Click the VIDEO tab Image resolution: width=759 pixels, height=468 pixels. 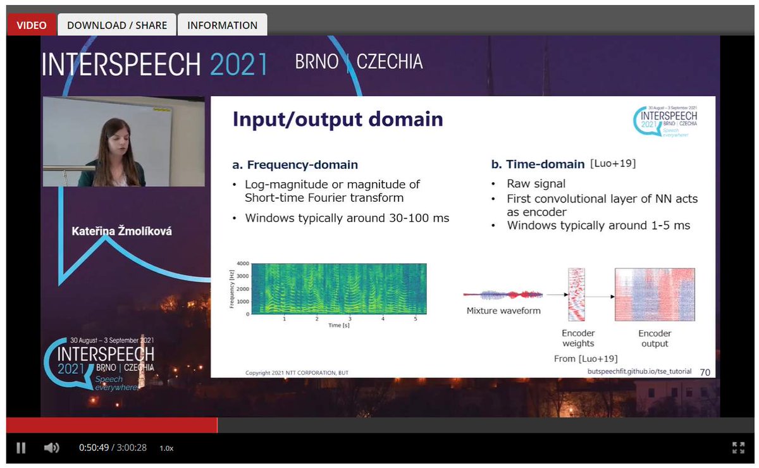click(32, 25)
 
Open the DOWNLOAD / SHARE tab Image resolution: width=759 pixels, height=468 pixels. click(117, 25)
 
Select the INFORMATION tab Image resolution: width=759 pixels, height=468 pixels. click(222, 25)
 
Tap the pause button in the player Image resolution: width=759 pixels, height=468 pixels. click(21, 448)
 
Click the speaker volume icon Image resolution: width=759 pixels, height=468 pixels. click(51, 448)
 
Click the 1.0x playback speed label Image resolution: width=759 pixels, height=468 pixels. click(166, 448)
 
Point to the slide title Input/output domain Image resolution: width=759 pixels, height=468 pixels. click(338, 120)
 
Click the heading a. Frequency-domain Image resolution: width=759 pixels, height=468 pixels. click(295, 165)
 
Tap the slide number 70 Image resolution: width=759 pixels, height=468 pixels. click(705, 373)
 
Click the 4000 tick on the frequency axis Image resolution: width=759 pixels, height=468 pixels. click(243, 263)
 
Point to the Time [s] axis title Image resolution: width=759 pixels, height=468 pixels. click(335, 325)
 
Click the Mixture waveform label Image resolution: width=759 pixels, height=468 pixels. click(503, 311)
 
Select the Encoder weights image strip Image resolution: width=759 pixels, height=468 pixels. click(577, 295)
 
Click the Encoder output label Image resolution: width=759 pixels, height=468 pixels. click(655, 338)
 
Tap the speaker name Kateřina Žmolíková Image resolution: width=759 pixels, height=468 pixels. click(122, 231)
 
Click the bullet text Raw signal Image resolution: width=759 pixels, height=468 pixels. click(536, 184)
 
